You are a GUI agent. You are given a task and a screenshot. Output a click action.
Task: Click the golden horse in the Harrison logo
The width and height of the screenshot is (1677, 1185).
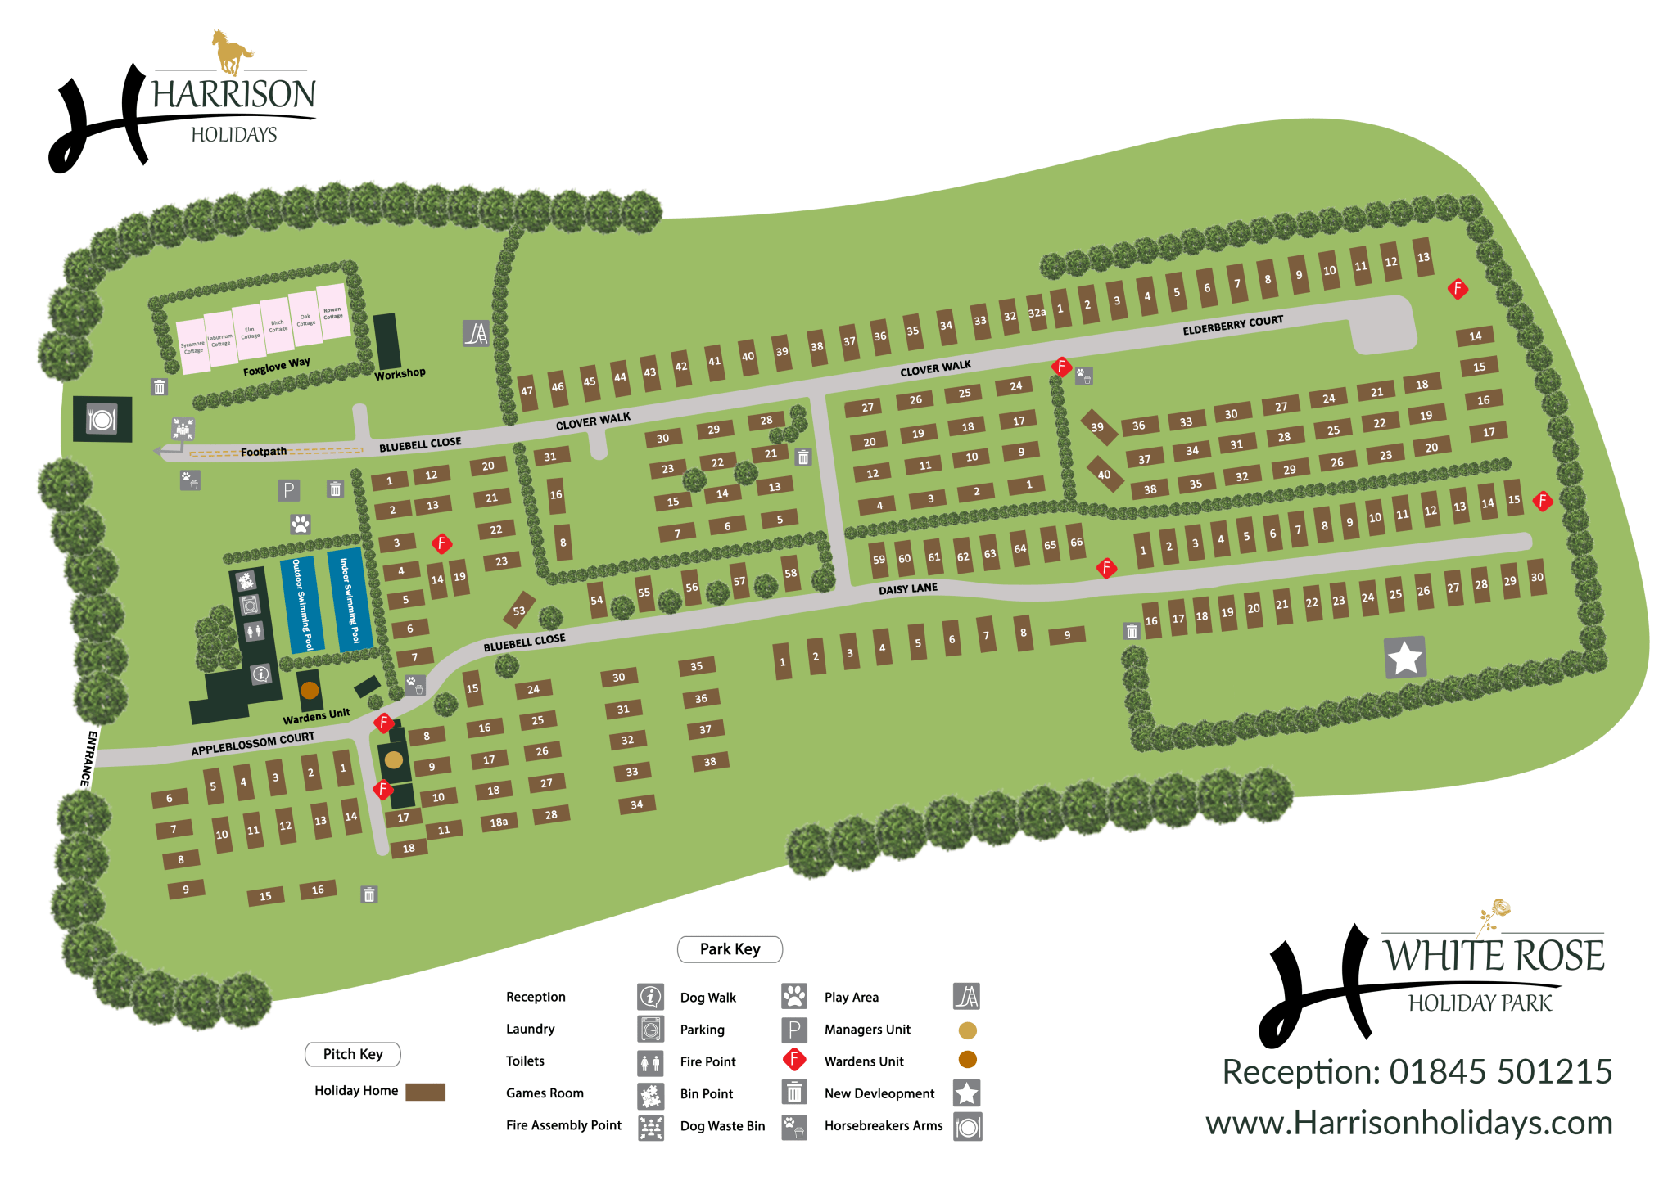(x=232, y=52)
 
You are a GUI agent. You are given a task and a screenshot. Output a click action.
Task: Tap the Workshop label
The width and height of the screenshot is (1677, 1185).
(x=400, y=374)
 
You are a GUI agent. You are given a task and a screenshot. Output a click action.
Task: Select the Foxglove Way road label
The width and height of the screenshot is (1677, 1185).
(x=276, y=367)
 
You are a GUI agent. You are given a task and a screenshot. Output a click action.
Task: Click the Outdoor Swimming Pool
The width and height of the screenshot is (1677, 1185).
(x=302, y=605)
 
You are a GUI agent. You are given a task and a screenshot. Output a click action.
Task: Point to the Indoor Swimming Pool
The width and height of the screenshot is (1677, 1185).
(x=350, y=601)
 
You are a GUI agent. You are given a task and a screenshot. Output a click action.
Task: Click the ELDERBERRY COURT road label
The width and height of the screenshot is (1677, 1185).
(x=1232, y=325)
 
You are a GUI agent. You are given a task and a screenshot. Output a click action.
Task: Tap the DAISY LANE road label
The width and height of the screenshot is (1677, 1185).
(x=907, y=589)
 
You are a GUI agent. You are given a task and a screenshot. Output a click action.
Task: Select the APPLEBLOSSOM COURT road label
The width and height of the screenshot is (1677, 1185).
(x=252, y=744)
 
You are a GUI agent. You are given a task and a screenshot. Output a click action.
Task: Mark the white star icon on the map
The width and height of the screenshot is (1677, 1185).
(x=1405, y=658)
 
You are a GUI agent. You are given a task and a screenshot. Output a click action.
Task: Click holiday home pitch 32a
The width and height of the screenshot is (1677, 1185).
(x=1037, y=313)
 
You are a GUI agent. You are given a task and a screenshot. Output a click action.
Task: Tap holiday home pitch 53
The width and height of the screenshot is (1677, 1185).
(x=519, y=611)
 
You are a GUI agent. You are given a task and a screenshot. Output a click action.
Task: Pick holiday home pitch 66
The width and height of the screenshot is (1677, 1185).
(x=1076, y=542)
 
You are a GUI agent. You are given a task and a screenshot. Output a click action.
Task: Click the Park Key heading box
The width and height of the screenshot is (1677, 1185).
(x=730, y=949)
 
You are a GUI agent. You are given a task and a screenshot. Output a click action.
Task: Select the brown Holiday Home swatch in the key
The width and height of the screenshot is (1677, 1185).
(x=425, y=1092)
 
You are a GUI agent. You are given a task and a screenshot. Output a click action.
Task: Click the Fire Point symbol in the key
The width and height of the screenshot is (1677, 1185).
(x=793, y=1060)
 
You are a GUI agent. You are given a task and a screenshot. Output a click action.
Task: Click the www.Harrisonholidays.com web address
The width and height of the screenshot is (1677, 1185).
(x=1408, y=1123)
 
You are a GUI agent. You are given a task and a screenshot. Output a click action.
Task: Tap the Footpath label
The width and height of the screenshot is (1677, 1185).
(x=263, y=452)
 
